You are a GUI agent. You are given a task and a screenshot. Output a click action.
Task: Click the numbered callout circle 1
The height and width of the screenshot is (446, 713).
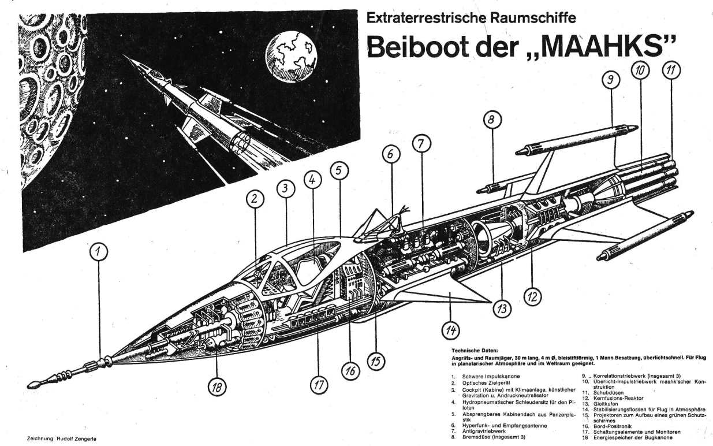[x=99, y=252]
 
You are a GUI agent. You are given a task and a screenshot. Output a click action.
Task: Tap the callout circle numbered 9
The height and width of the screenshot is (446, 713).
[x=610, y=81]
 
